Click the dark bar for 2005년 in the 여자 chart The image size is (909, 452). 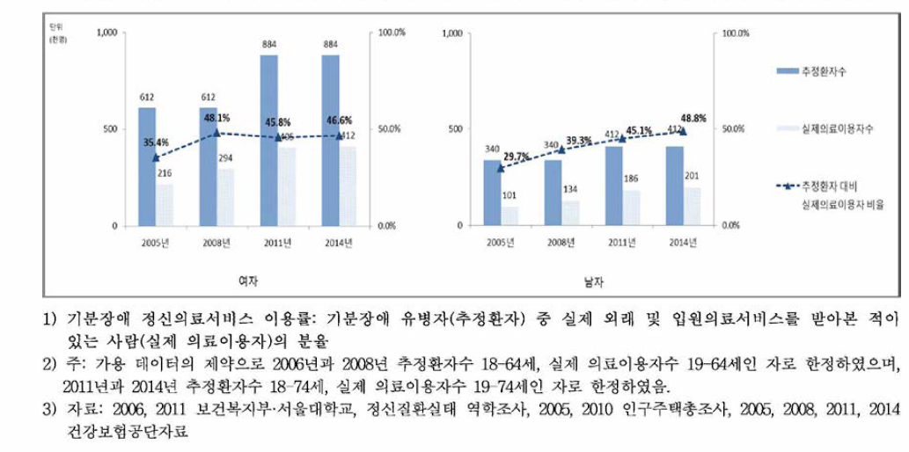146,166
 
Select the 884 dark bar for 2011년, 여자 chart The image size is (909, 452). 269,140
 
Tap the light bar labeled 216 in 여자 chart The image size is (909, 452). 165,204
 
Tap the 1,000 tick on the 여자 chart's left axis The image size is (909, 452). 106,33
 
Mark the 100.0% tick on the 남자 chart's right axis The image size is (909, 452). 735,33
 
